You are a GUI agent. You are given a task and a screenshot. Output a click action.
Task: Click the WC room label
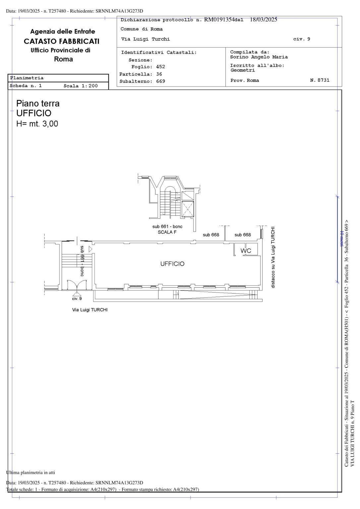click(246, 251)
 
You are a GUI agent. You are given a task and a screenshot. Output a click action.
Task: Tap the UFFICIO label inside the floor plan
click(172, 264)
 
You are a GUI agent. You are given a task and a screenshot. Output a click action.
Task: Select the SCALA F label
click(167, 232)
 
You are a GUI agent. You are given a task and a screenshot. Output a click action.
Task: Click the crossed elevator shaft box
click(188, 209)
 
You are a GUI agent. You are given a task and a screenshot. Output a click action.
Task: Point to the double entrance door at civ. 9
click(77, 285)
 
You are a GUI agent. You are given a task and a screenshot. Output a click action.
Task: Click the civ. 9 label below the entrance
click(77, 299)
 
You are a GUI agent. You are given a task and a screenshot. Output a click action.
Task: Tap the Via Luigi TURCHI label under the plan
click(90, 310)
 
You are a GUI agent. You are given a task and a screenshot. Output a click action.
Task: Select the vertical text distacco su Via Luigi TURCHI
click(273, 257)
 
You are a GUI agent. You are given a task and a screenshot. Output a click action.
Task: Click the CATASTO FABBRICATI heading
click(62, 41)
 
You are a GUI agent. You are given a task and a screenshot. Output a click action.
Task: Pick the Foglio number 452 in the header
click(160, 67)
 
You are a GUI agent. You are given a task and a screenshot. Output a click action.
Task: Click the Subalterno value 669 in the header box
click(160, 81)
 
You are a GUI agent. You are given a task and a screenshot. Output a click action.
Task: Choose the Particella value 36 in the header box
click(159, 74)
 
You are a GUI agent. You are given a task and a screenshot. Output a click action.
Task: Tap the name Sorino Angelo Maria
click(259, 57)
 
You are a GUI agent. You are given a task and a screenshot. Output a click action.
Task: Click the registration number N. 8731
click(320, 80)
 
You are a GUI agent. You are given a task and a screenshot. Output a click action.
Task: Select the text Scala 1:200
click(81, 86)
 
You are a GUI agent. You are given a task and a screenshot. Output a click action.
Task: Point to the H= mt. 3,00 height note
click(37, 124)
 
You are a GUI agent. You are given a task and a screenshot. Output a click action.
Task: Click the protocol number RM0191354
click(219, 20)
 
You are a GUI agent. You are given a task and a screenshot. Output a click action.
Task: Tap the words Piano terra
click(38, 104)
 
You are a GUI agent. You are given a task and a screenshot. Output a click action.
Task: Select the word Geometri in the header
click(243, 70)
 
